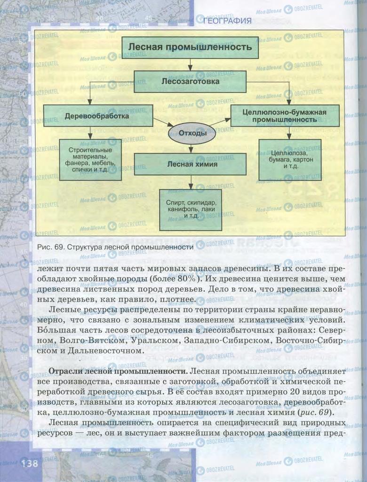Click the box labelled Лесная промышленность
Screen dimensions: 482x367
190,47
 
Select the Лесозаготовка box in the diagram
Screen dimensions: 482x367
190,81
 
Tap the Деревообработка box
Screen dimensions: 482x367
98,116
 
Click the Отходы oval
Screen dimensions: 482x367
192,133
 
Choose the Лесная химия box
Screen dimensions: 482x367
190,164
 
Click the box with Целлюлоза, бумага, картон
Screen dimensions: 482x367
289,160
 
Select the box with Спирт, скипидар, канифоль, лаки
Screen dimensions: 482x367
190,209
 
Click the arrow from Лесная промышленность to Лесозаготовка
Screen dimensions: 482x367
190,64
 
